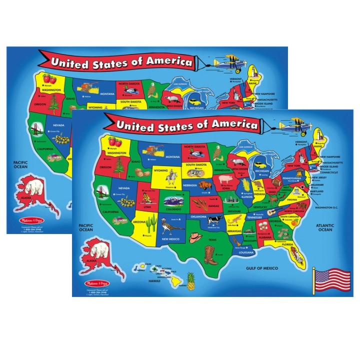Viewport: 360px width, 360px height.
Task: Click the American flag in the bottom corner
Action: point(330,279)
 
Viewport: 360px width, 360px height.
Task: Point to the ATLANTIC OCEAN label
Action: point(325,228)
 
